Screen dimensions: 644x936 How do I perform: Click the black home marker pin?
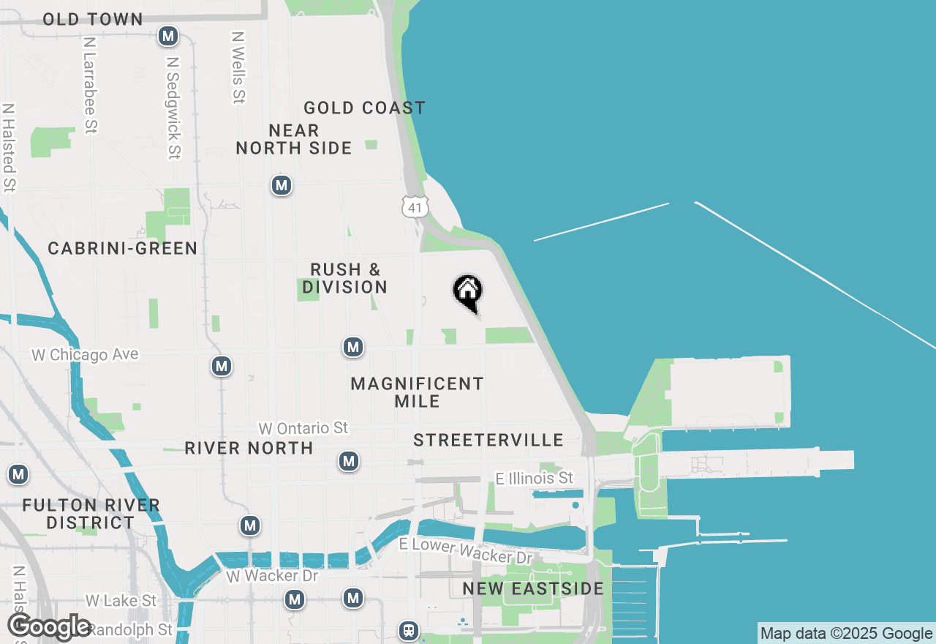[467, 293]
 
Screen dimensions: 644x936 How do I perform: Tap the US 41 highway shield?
[415, 206]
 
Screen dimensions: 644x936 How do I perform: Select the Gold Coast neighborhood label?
[364, 108]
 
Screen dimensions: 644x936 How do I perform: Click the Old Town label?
[93, 20]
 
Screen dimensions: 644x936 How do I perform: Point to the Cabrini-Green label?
[123, 249]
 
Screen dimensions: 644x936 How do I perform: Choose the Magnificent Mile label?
[417, 392]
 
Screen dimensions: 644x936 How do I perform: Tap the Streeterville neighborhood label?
[488, 440]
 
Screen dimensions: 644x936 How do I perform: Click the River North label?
[249, 448]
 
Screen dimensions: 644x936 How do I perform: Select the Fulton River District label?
[91, 514]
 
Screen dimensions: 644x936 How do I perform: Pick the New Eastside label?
[533, 588]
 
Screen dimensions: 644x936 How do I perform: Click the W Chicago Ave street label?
[85, 355]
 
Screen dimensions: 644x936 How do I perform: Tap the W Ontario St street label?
[303, 427]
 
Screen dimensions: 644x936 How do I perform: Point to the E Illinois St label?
[535, 478]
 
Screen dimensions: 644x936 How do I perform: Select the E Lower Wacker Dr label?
[466, 551]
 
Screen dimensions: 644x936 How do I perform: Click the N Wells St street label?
[238, 67]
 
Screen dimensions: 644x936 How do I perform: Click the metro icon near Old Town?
[169, 35]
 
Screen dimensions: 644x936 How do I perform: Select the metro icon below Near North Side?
[282, 186]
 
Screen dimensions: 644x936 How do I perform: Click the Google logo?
[50, 627]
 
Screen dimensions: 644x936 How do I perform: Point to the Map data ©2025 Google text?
[846, 634]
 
